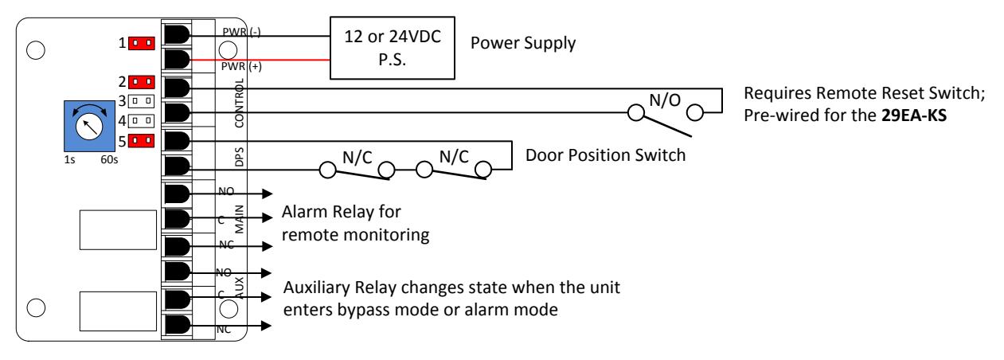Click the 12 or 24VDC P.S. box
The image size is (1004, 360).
[x=393, y=48]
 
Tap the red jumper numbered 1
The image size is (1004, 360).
[x=142, y=43]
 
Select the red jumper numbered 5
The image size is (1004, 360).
[x=142, y=141]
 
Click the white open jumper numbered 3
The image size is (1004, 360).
[x=141, y=101]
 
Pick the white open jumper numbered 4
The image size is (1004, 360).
[x=141, y=121]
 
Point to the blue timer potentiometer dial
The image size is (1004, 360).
[x=90, y=126]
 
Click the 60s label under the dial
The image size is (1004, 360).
[x=109, y=159]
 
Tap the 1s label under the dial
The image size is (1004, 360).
[x=69, y=159]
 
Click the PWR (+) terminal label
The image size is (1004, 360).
[x=241, y=66]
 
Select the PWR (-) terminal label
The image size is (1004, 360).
[x=241, y=32]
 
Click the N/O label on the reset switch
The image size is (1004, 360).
[x=665, y=100]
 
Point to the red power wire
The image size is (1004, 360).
[x=260, y=60]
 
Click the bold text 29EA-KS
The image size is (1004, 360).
[x=914, y=115]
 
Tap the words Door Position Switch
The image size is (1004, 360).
[x=606, y=155]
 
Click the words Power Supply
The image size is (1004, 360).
[x=523, y=44]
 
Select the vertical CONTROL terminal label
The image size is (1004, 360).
[x=240, y=103]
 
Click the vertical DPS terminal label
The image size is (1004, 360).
[x=240, y=157]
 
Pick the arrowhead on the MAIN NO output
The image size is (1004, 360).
[x=268, y=194]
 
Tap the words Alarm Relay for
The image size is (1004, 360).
[x=341, y=212]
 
